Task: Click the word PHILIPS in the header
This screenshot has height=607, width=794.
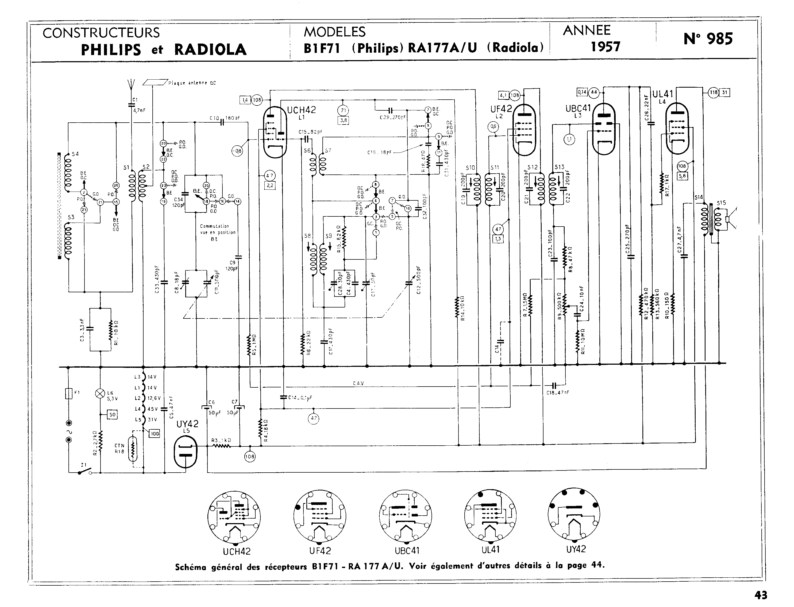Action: coord(111,49)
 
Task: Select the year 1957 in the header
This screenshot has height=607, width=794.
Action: coord(606,46)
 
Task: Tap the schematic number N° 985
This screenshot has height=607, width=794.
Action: coord(708,39)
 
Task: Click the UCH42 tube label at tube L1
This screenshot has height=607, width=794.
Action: coord(301,110)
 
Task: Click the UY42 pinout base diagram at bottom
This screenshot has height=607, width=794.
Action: coord(574,515)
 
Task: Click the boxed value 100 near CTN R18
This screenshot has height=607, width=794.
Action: coord(155,434)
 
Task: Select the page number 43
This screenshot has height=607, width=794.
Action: coord(761,595)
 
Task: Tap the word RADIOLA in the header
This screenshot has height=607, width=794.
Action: coord(210,49)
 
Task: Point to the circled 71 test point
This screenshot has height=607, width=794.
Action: coord(343,111)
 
